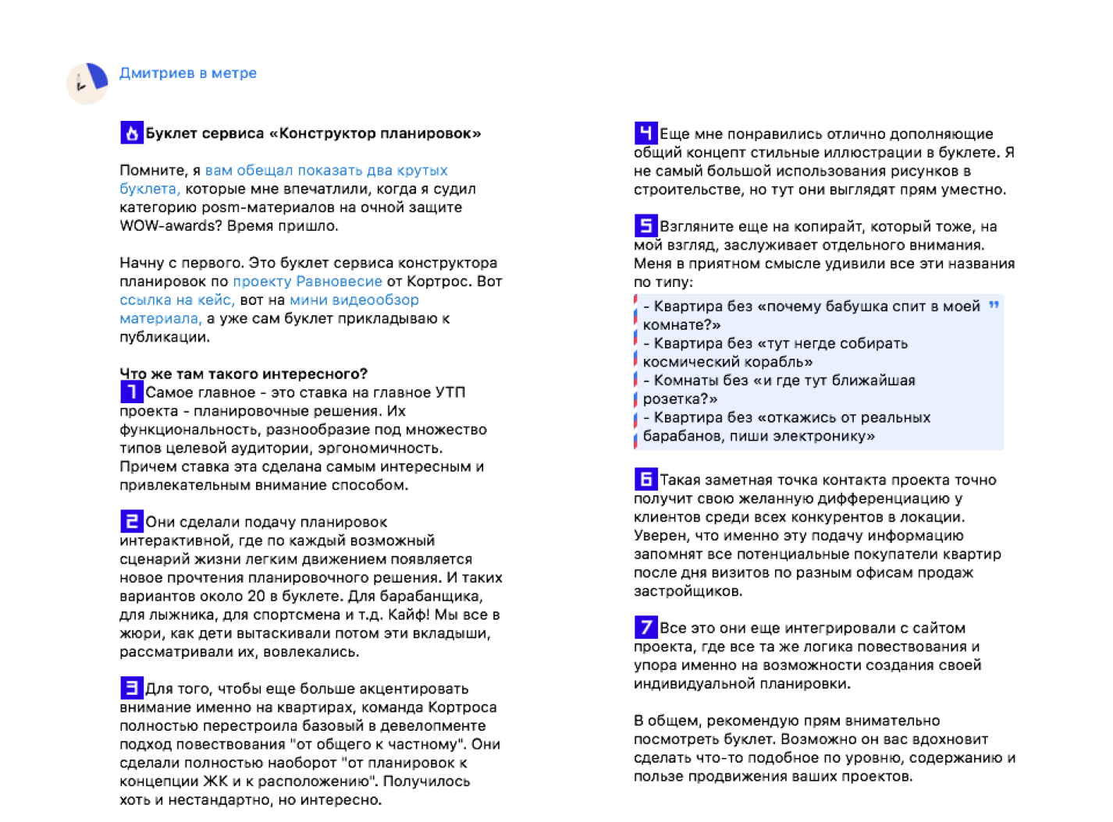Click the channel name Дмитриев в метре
pyautogui.click(x=187, y=73)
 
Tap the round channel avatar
pyautogui.click(x=87, y=83)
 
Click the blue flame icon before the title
pyautogui.click(x=131, y=133)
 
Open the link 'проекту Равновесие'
pyautogui.click(x=308, y=282)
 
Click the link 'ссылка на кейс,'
pyautogui.click(x=176, y=300)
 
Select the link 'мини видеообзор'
pyautogui.click(x=354, y=300)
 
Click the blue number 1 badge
pyautogui.click(x=131, y=392)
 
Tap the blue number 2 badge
pyautogui.click(x=131, y=521)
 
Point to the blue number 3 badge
pyautogui.click(x=131, y=688)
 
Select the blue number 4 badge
pyautogui.click(x=645, y=133)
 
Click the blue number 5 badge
pyautogui.click(x=645, y=226)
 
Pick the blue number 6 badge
pyautogui.click(x=645, y=479)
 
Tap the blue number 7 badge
pyautogui.click(x=645, y=627)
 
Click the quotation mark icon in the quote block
pyautogui.click(x=994, y=305)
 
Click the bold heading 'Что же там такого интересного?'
pyautogui.click(x=244, y=374)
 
